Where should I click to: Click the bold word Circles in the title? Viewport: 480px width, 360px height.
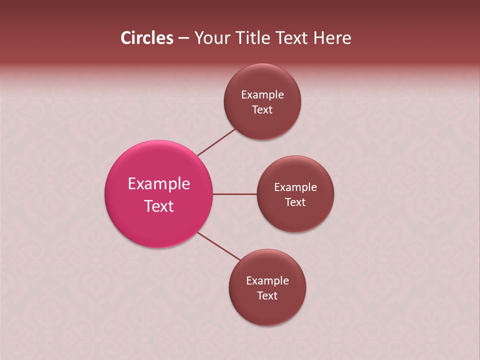pyautogui.click(x=147, y=38)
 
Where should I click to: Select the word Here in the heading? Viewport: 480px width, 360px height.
pyautogui.click(x=332, y=38)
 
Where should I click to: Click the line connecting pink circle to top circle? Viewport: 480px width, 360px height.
pyautogui.click(x=216, y=142)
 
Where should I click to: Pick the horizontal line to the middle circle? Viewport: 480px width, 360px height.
pyautogui.click(x=235, y=194)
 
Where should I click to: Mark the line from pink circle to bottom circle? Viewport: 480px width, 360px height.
pyautogui.click(x=218, y=246)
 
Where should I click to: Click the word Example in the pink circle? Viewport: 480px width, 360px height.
pyautogui.click(x=159, y=184)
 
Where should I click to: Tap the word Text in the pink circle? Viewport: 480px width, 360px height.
pyautogui.click(x=159, y=206)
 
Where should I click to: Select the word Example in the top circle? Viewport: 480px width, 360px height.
pyautogui.click(x=262, y=95)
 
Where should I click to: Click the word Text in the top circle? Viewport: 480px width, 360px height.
pyautogui.click(x=262, y=110)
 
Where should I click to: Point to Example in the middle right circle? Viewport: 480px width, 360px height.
pyautogui.click(x=295, y=187)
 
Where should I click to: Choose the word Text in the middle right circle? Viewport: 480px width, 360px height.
pyautogui.click(x=295, y=202)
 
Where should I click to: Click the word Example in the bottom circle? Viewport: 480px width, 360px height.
pyautogui.click(x=267, y=281)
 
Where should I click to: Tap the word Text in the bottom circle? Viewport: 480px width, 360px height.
pyautogui.click(x=267, y=296)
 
